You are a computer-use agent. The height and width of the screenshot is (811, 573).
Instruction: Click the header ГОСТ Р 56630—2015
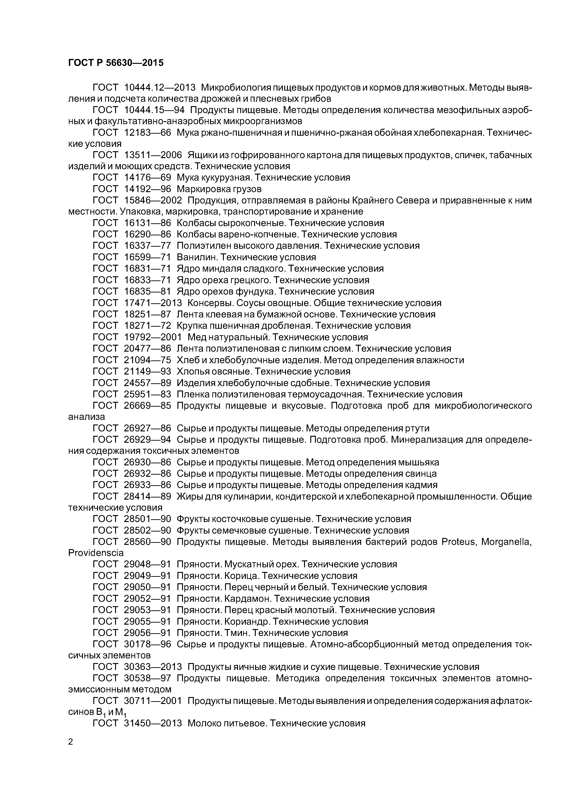coord(116,63)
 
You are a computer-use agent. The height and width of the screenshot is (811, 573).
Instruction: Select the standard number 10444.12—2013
coord(160,87)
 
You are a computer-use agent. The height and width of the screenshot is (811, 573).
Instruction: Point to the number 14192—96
coord(148,189)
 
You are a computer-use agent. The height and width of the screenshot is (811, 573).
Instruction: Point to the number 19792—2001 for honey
coord(153,337)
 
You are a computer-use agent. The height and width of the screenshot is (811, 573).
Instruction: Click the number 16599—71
coord(148,257)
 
